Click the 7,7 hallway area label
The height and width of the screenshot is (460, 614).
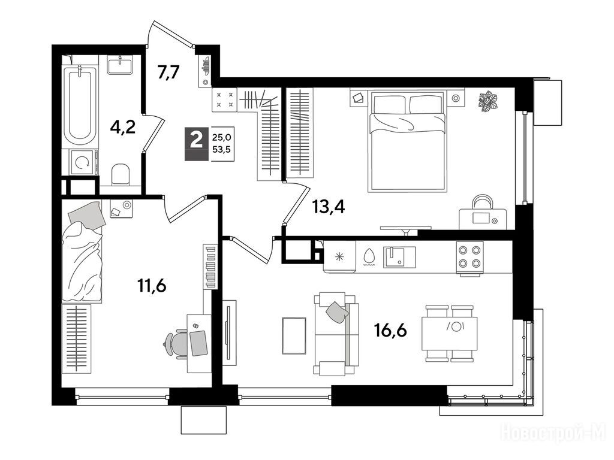coord(168,73)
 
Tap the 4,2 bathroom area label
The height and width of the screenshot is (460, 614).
coord(122,128)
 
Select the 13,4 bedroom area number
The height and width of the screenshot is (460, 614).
coord(329,207)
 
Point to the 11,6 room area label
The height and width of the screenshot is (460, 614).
coord(152,286)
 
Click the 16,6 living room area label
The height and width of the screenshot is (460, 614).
coord(390,331)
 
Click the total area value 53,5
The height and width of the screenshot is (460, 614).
coord(222,149)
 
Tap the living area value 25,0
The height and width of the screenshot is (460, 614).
coord(222,137)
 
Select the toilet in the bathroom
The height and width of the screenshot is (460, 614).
coord(120,174)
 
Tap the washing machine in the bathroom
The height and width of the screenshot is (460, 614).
coord(83,163)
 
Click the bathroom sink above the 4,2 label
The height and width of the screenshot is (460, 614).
coord(120,65)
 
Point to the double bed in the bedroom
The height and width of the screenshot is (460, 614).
coord(407,141)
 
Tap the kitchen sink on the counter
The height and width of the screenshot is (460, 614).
coord(399,257)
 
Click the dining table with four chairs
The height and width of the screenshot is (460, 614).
coord(449,333)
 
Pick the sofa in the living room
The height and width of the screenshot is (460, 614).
coord(336,334)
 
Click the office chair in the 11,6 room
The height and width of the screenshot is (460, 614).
coord(176,344)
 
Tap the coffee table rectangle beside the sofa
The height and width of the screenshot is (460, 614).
coord(294,335)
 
